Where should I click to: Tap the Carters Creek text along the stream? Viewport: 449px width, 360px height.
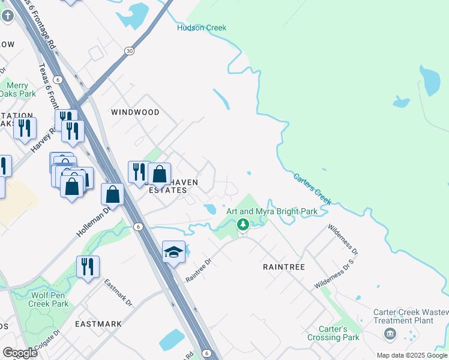(x=312, y=188)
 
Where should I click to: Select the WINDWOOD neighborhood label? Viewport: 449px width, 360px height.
(x=135, y=112)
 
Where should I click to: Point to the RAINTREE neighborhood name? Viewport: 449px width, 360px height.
(x=284, y=267)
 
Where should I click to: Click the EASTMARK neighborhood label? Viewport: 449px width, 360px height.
(x=98, y=324)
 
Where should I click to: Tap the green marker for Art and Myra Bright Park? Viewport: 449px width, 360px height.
(x=243, y=225)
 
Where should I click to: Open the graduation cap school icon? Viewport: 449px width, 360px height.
(x=173, y=253)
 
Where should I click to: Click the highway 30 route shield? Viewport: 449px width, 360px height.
(x=129, y=52)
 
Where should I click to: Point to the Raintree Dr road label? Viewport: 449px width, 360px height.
(x=199, y=271)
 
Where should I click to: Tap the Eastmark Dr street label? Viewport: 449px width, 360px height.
(x=118, y=292)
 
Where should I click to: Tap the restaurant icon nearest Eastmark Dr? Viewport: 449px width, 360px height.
(x=88, y=267)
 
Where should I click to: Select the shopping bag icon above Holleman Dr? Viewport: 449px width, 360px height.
(x=112, y=194)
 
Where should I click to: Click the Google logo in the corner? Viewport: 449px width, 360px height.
(x=20, y=353)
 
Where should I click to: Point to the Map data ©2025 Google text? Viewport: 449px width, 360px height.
(x=412, y=355)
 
